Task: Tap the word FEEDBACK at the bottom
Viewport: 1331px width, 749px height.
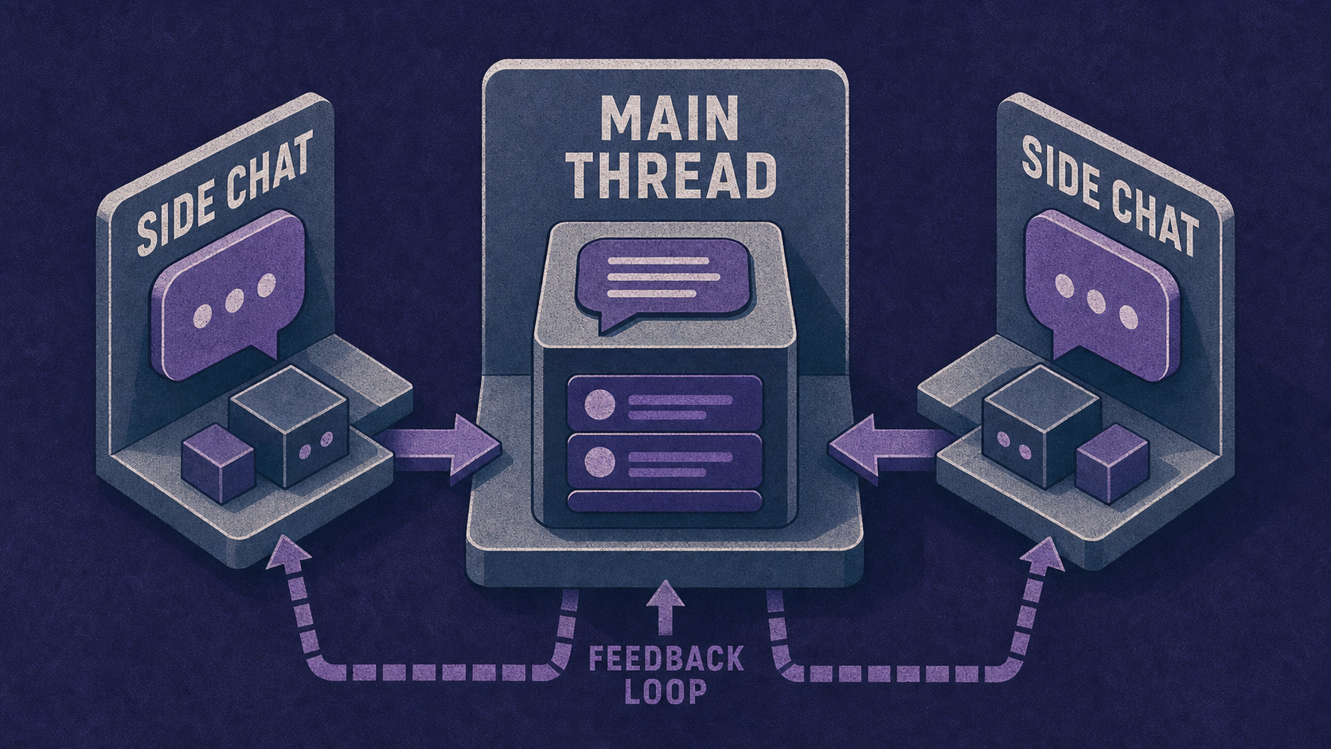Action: point(666,660)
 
